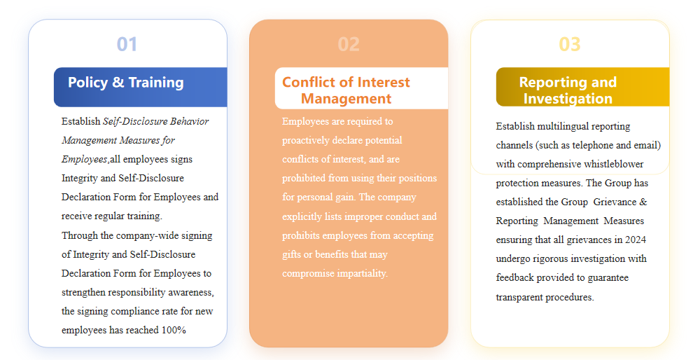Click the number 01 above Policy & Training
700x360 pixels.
(127, 44)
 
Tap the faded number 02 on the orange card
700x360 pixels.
(349, 44)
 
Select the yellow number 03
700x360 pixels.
(570, 44)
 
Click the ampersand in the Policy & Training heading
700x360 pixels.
(118, 82)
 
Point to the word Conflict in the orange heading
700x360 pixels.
(309, 82)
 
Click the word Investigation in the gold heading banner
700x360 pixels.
(568, 98)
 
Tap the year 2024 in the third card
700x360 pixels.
(636, 240)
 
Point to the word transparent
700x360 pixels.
(518, 297)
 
